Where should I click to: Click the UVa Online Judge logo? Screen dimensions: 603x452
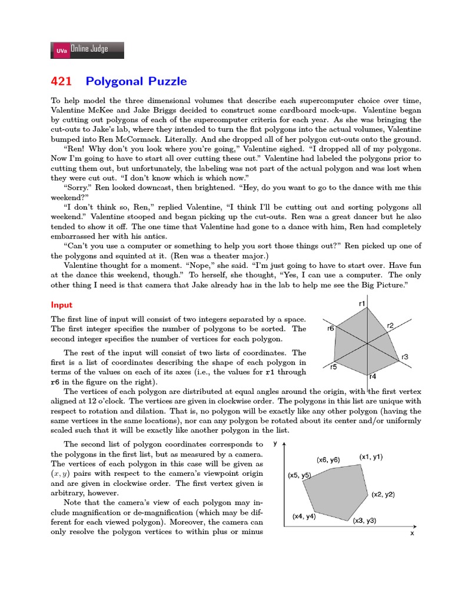[x=88, y=50]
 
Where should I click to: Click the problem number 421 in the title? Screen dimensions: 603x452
[x=62, y=81]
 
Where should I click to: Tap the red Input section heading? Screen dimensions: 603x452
[x=61, y=305]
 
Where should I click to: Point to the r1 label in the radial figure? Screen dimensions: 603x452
[x=362, y=303]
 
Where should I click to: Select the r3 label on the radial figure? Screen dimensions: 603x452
[x=404, y=357]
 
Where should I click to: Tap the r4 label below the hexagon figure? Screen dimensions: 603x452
[x=372, y=376]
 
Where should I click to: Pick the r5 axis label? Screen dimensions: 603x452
[x=333, y=367]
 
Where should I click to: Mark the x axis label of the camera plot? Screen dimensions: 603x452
[x=412, y=533]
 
